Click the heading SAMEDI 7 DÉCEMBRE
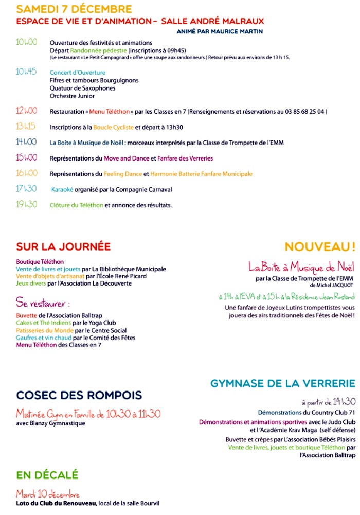74,10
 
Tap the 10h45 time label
26,72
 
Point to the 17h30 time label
26,189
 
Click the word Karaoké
62,190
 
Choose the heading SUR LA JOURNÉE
63,246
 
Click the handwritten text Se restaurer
43,303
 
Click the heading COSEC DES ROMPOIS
79,395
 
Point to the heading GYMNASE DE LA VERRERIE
282,383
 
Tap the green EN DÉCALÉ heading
47,474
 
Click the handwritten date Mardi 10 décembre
47,494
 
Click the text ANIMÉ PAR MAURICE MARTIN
220,31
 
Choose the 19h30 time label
26,204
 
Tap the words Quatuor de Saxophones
82,88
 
